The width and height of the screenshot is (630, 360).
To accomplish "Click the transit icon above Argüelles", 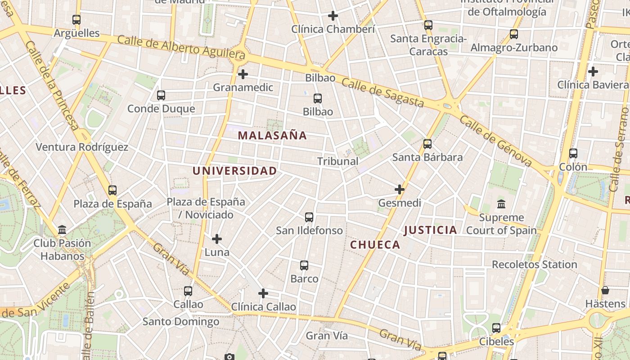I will (76, 20).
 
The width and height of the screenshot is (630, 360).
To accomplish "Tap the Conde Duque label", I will (161, 108).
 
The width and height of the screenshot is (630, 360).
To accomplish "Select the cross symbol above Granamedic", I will (243, 74).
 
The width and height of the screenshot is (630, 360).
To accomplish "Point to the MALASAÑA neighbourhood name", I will (272, 135).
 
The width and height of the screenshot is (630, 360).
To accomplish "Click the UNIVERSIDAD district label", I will (234, 171).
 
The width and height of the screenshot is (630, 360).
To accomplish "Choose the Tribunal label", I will (337, 161).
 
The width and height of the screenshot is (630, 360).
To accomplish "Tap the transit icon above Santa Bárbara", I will (427, 144).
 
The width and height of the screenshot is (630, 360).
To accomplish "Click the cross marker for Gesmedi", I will (399, 189).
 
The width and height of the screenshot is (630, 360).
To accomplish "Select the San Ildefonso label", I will (309, 230).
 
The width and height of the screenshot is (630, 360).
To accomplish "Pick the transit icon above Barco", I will (304, 265).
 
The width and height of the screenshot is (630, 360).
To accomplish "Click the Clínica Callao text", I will (263, 307).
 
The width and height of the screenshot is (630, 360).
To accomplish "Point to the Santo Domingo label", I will (181, 322).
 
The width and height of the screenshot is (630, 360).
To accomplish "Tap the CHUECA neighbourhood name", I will (375, 245).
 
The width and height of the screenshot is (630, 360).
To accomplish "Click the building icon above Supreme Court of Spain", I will (501, 204).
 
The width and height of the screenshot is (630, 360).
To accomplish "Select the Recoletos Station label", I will (534, 265).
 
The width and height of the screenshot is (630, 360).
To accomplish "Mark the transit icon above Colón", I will (573, 153).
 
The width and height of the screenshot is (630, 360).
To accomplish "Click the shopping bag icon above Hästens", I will (605, 290).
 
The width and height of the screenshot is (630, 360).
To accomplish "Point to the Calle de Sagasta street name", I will (382, 93).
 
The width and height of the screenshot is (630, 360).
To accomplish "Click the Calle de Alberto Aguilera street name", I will (181, 47).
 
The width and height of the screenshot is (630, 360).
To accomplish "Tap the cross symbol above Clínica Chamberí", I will (333, 16).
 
